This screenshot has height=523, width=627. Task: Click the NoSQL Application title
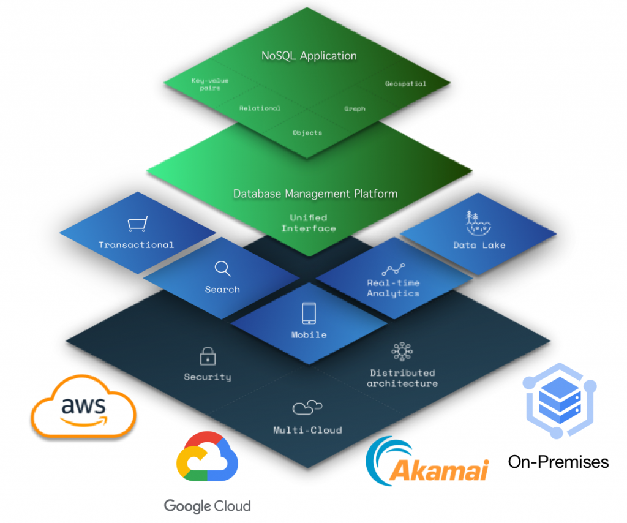pyautogui.click(x=309, y=56)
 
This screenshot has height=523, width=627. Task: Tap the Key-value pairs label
pyautogui.click(x=206, y=84)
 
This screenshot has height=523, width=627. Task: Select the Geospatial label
pyautogui.click(x=405, y=83)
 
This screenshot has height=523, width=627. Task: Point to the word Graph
pyautogui.click(x=355, y=109)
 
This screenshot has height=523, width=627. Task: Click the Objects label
pyautogui.click(x=307, y=132)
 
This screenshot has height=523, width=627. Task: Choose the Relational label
pyautogui.click(x=260, y=108)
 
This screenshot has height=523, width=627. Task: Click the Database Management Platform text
pyautogui.click(x=315, y=194)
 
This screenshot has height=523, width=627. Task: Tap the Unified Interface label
pyautogui.click(x=309, y=223)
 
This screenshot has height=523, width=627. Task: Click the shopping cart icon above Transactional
pyautogui.click(x=137, y=225)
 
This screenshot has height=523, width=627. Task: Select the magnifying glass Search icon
pyautogui.click(x=222, y=269)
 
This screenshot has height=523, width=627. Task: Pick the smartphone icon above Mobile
pyautogui.click(x=309, y=313)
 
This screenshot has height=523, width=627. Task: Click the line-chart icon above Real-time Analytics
pyautogui.click(x=393, y=268)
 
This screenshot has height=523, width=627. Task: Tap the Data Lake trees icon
pyautogui.click(x=479, y=224)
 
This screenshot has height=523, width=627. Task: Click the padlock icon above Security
pyautogui.click(x=207, y=356)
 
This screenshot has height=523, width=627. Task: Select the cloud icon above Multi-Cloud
pyautogui.click(x=307, y=407)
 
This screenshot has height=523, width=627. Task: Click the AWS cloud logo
pyautogui.click(x=83, y=407)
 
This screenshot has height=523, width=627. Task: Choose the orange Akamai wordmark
pyautogui.click(x=440, y=470)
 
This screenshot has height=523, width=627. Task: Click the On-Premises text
pyautogui.click(x=558, y=461)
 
